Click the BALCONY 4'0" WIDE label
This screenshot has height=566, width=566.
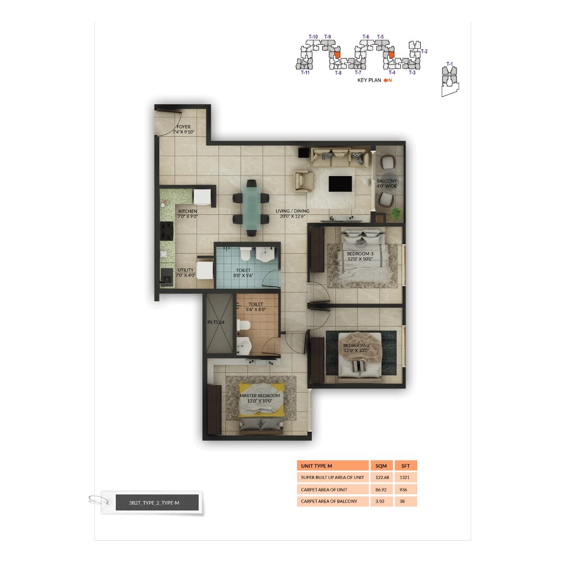click(x=387, y=183)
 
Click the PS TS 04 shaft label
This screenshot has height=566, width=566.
click(x=216, y=323)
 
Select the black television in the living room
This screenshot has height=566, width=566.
click(x=340, y=184)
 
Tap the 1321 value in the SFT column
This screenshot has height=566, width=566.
click(x=405, y=477)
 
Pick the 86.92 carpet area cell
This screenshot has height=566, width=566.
click(x=381, y=489)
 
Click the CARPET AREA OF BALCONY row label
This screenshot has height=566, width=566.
click(x=329, y=502)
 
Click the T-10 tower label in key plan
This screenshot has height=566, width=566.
click(x=313, y=37)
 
